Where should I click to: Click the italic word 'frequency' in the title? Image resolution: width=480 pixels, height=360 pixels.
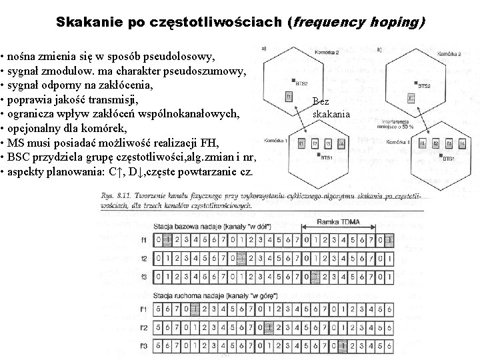point(326,22)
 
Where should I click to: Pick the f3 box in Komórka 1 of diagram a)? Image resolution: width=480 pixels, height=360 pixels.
point(327,144)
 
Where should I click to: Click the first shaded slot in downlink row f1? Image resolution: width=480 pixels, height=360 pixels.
point(168,240)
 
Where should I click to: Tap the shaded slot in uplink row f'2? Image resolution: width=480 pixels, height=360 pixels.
point(268,327)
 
